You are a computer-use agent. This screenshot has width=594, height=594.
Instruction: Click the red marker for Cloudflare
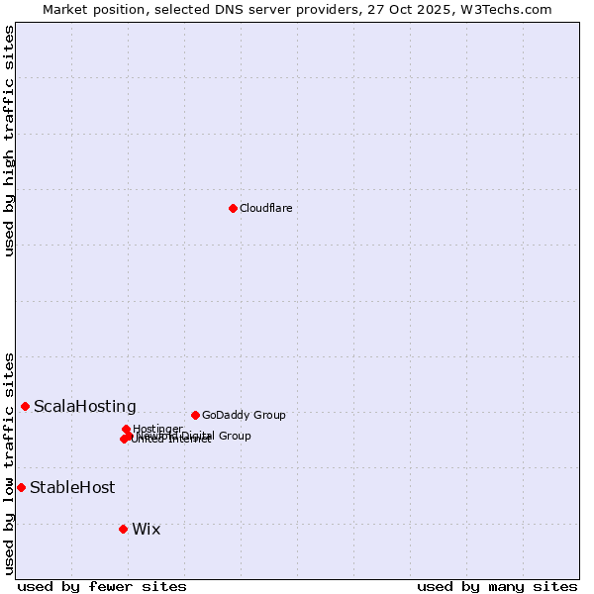(233, 208)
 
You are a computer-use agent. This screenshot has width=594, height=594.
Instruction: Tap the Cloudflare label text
(265, 208)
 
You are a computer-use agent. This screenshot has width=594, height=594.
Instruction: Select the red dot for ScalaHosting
(25, 406)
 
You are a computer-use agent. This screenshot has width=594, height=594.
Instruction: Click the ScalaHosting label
(85, 406)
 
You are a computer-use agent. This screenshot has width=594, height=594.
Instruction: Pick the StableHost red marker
(21, 487)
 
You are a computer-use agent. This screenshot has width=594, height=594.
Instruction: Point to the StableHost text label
(72, 487)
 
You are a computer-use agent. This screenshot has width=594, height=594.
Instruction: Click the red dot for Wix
(123, 529)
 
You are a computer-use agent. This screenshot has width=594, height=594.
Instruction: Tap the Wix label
(146, 529)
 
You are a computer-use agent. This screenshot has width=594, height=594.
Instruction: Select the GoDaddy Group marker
(195, 415)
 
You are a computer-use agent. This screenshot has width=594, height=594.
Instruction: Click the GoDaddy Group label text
(244, 415)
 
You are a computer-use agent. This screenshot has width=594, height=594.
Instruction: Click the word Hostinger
(157, 429)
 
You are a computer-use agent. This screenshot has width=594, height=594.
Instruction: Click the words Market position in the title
(92, 9)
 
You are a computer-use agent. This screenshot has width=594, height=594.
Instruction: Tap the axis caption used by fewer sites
(102, 586)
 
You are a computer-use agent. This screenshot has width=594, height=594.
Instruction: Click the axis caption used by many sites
(497, 586)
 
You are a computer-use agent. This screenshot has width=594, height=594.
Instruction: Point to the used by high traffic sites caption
(10, 141)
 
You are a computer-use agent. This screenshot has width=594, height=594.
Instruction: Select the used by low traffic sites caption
(10, 462)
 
